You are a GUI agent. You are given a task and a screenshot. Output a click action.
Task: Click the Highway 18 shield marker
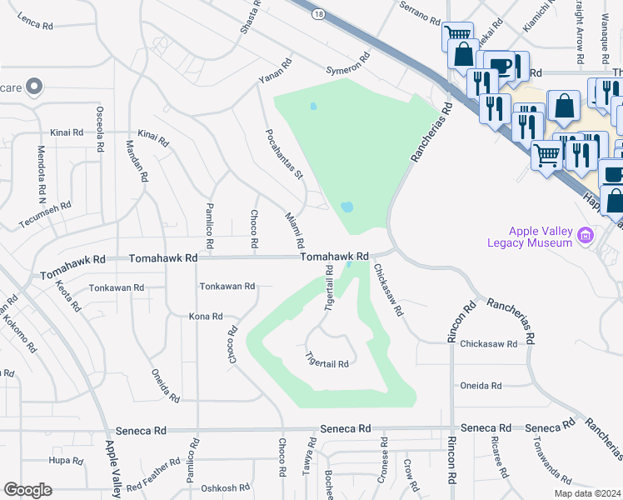click(317, 14)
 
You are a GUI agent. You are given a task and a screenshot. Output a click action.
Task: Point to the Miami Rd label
click(295, 231)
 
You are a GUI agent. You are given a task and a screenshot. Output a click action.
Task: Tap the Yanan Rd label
click(275, 71)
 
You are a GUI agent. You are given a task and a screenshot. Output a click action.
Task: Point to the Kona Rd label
click(206, 317)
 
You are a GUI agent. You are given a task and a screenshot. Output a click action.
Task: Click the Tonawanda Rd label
click(552, 461)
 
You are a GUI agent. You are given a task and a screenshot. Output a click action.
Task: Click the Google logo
click(27, 490)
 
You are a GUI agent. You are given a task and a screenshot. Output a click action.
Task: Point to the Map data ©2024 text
click(588, 493)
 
